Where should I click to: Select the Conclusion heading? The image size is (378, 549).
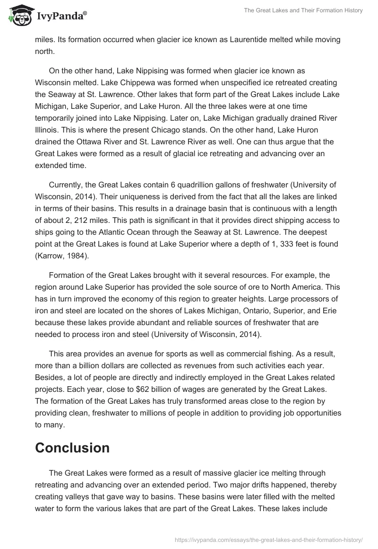[x=72, y=448]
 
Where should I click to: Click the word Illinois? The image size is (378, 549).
[x=46, y=128]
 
